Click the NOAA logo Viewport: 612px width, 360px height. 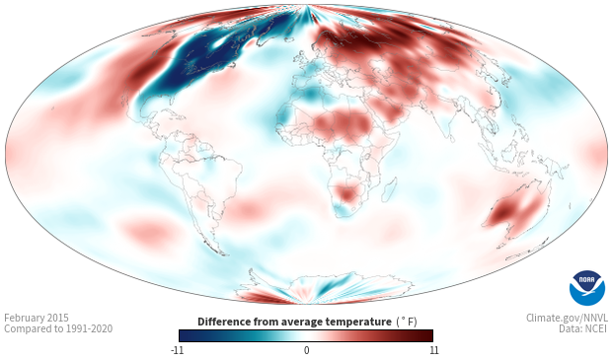pyautogui.click(x=587, y=288)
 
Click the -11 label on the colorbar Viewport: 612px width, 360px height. pyautogui.click(x=177, y=350)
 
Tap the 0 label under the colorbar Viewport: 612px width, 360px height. pyautogui.click(x=306, y=350)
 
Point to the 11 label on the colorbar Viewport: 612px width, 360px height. pyautogui.click(x=433, y=350)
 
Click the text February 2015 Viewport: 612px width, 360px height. pyautogui.click(x=37, y=318)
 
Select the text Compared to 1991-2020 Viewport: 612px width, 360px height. pyautogui.click(x=58, y=328)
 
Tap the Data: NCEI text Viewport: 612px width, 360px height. pyautogui.click(x=583, y=328)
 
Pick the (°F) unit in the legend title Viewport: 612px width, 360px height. pyautogui.click(x=407, y=322)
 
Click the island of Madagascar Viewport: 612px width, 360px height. pyautogui.click(x=389, y=189)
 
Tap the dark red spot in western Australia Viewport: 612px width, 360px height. pyautogui.click(x=502, y=213)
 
